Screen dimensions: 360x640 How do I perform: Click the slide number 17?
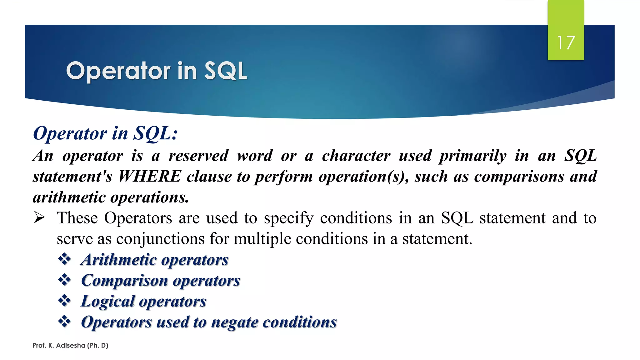566,43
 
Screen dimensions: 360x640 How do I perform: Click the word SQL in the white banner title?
225,71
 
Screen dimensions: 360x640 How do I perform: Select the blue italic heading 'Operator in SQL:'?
105,133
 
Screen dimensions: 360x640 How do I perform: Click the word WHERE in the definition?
150,176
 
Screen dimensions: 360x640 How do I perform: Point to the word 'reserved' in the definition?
198,156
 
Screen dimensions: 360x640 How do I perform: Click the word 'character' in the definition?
356,156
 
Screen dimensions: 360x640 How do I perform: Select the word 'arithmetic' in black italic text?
69,197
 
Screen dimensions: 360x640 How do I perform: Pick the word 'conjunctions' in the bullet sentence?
161,239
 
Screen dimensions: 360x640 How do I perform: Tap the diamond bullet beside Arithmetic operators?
64,259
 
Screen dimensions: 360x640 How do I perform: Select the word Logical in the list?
107,301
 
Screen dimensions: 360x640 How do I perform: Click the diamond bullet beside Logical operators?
64,301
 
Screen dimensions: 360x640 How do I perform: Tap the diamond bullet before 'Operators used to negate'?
64,322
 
